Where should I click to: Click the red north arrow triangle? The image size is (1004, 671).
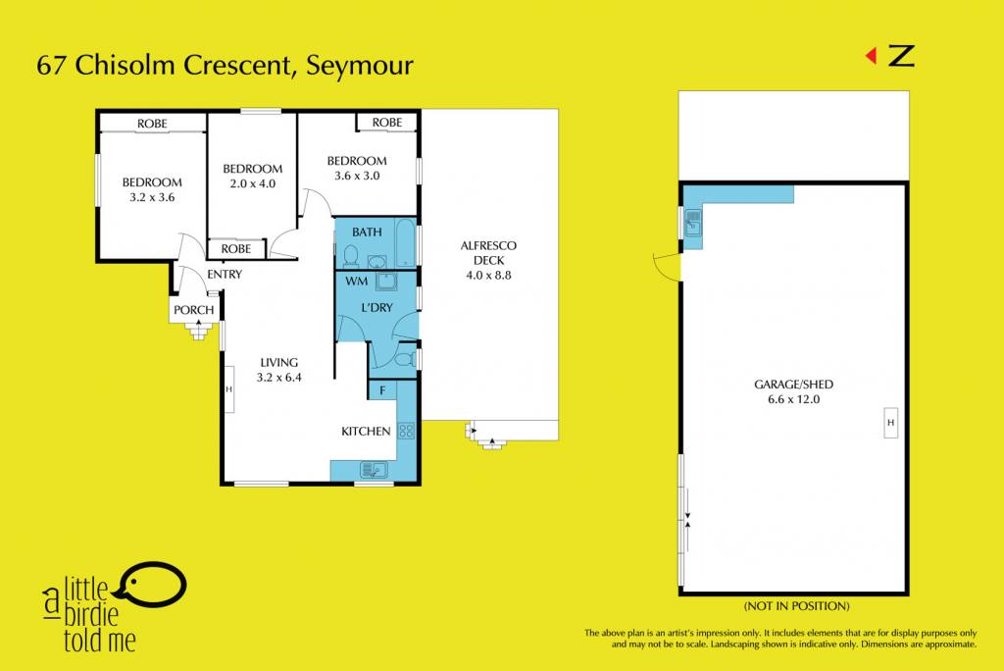[x=872, y=56]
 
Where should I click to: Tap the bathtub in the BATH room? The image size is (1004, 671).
[x=405, y=243]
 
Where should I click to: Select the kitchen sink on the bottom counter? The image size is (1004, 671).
[x=374, y=470]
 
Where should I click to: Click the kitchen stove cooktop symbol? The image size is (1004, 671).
[x=407, y=431]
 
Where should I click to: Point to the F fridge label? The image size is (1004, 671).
[x=383, y=390]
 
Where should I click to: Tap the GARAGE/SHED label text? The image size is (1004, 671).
[x=793, y=385]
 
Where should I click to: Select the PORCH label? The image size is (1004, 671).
[x=194, y=310]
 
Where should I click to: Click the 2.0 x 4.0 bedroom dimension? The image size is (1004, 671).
[x=252, y=183]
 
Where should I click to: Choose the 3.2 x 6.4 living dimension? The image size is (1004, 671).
[x=279, y=378]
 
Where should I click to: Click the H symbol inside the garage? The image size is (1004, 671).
[x=890, y=423]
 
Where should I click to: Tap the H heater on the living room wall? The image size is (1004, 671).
[x=228, y=389]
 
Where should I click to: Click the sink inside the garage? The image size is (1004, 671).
[x=693, y=223]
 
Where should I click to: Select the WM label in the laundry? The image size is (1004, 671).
[x=357, y=281]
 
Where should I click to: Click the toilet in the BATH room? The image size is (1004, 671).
[x=350, y=256]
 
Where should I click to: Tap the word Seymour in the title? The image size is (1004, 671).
[x=360, y=66]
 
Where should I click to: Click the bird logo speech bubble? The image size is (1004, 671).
[x=154, y=584]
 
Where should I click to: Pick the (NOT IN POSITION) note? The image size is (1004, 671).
[x=796, y=606]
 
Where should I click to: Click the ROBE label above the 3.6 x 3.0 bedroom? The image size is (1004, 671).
[x=387, y=123]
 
